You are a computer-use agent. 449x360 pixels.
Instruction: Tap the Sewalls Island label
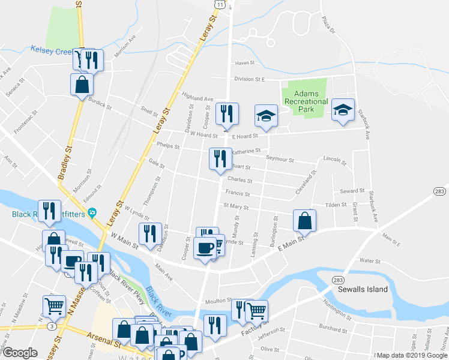362,289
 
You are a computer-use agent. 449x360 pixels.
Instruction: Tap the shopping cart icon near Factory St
256,310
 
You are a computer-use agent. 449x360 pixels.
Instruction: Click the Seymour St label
280,160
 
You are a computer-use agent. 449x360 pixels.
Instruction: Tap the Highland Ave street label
198,97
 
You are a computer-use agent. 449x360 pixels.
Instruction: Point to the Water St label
369,261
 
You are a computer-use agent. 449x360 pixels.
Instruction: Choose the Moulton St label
220,300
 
